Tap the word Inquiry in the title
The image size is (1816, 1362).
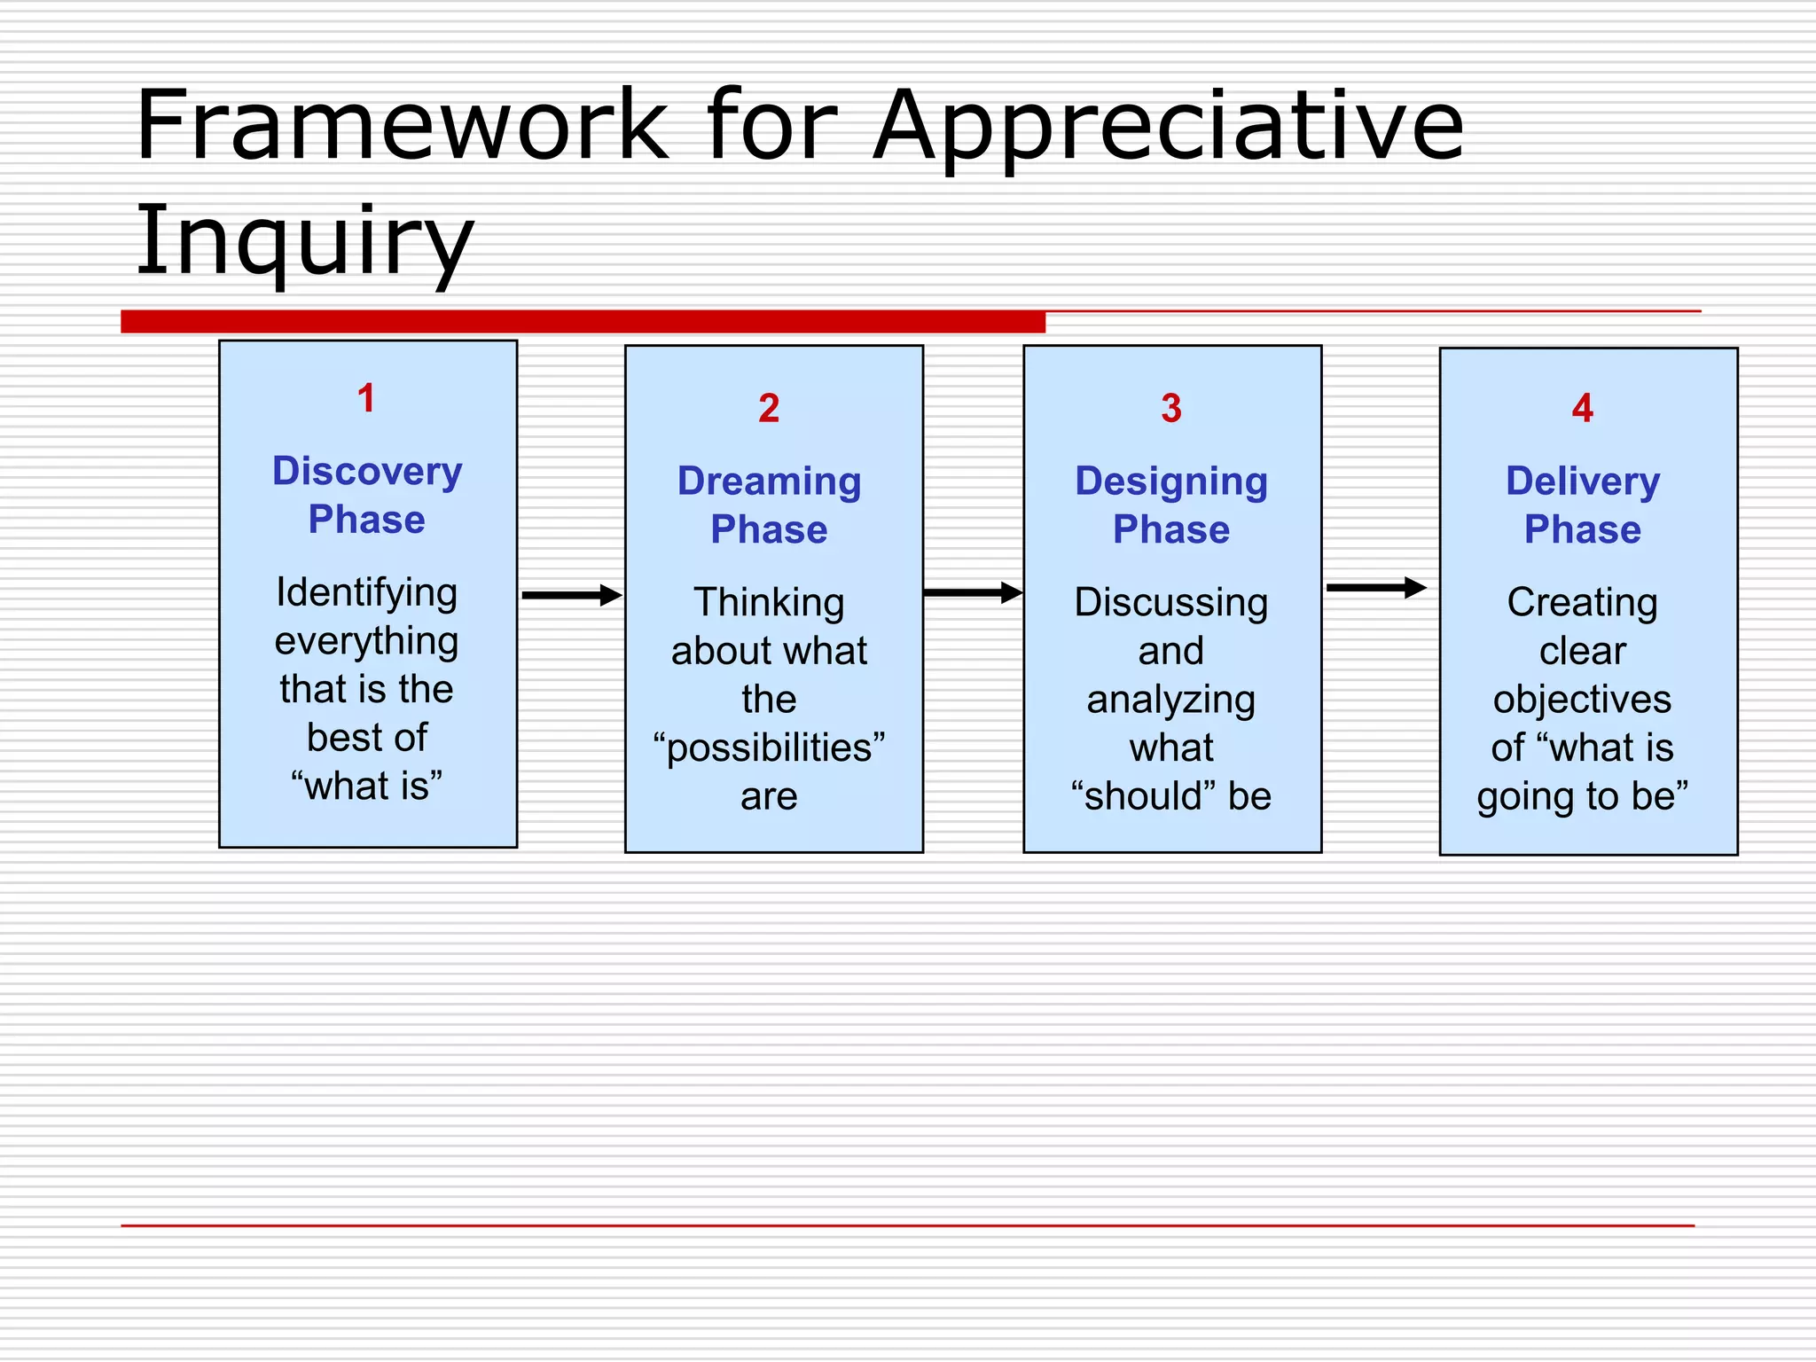click(304, 239)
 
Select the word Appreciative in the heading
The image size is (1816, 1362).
click(1168, 127)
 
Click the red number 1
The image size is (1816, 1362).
click(366, 398)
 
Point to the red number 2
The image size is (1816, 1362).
click(769, 409)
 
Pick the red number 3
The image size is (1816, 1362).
click(1171, 409)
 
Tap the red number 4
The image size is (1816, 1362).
click(1583, 409)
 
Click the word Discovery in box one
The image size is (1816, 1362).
click(367, 471)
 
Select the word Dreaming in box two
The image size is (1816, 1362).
click(769, 481)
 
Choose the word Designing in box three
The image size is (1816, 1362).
click(1171, 481)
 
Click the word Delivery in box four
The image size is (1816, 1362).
click(1583, 481)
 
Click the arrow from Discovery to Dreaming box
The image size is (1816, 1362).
click(571, 595)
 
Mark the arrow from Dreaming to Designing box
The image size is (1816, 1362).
click(973, 592)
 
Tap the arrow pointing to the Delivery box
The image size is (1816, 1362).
click(1376, 587)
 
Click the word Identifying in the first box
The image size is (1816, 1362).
click(367, 592)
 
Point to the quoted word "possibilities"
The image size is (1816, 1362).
click(769, 748)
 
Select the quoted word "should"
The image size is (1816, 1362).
click(1143, 796)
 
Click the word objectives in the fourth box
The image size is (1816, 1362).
click(1583, 700)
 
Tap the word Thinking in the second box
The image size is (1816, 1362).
click(769, 602)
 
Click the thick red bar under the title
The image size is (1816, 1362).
click(583, 321)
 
